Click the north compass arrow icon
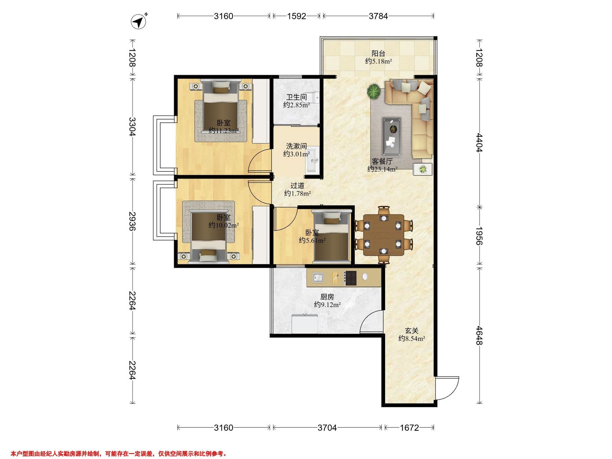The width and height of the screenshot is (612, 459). point(139,21)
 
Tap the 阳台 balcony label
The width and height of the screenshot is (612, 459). point(378,53)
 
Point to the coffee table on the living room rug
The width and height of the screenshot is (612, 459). point(392,136)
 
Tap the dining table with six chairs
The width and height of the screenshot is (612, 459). point(383,235)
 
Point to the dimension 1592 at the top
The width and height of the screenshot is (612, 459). point(297,16)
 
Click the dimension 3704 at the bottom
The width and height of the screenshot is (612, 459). point(327,428)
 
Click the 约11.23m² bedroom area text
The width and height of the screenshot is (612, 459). point(224,131)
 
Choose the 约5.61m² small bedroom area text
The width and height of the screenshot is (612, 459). point(312,240)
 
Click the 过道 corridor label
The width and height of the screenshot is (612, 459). point(297,186)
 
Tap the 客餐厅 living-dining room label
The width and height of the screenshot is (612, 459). point(382,161)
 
